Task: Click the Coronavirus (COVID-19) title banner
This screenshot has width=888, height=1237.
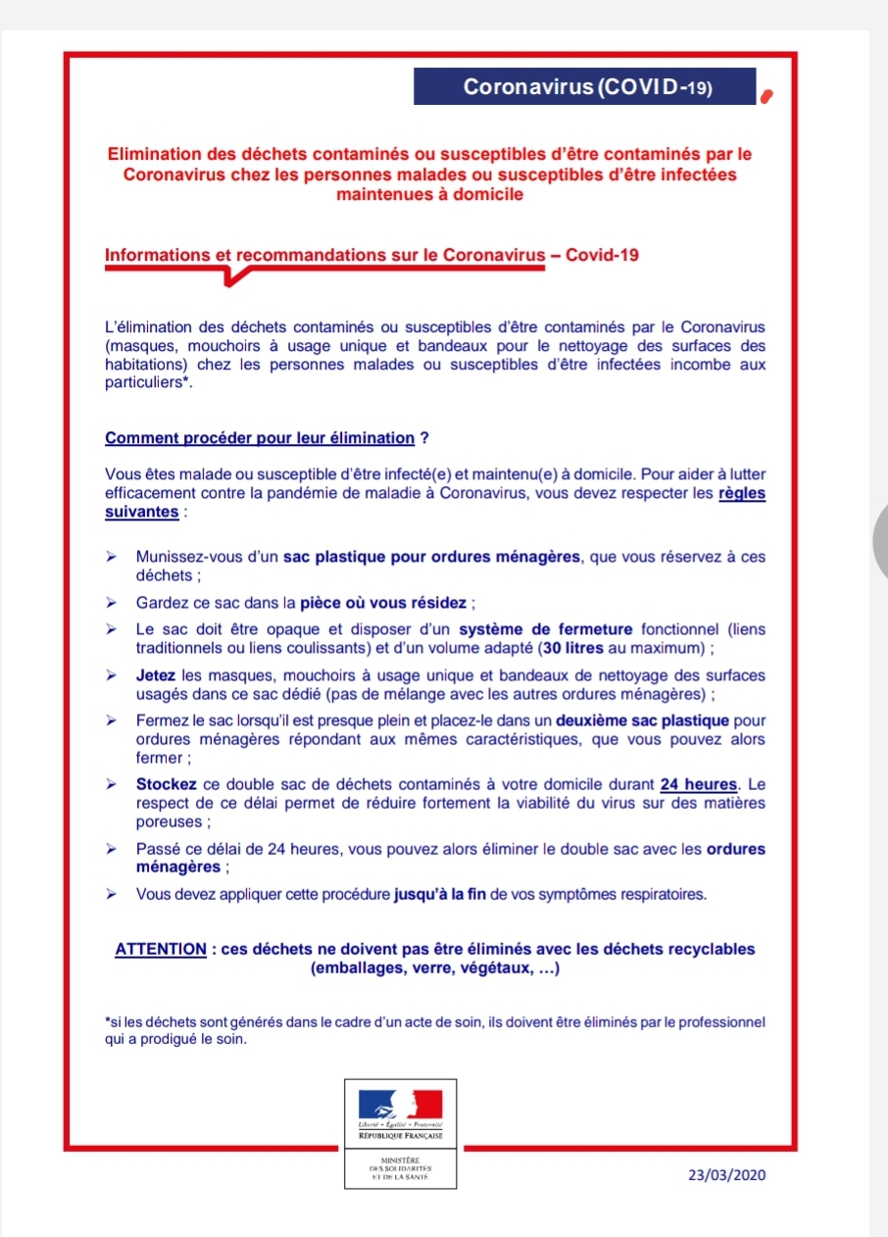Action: pos(585,87)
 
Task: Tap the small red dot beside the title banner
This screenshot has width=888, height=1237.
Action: pos(769,96)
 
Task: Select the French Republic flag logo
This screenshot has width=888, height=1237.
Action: pos(400,1106)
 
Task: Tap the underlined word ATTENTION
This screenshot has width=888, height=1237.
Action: pos(161,949)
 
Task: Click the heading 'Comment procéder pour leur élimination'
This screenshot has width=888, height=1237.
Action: pos(260,437)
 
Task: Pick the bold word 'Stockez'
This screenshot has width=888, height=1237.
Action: pos(164,784)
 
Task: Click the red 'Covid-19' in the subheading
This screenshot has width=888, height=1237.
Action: pos(603,255)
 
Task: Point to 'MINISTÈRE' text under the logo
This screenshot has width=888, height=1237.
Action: pos(400,1160)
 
